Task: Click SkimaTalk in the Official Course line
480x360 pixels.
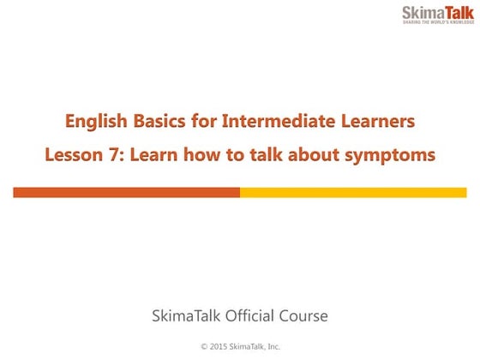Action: pyautogui.click(x=185, y=316)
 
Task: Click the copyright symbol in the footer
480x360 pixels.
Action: pyautogui.click(x=203, y=346)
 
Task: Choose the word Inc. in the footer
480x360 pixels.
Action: pyautogui.click(x=272, y=346)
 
